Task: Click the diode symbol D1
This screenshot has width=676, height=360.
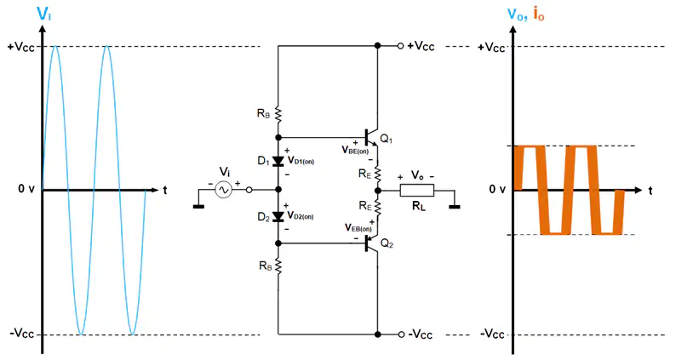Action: click(278, 162)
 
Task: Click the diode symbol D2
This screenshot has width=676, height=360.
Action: click(278, 217)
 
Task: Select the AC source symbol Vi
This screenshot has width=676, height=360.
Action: click(223, 190)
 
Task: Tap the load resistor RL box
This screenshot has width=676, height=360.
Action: click(417, 190)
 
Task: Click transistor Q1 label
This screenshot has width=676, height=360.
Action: click(387, 139)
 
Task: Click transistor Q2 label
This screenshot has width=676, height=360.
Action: click(387, 244)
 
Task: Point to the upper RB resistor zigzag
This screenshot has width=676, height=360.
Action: click(278, 115)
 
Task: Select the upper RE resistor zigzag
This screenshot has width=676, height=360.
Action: click(378, 174)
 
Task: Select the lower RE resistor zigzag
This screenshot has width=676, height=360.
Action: click(378, 207)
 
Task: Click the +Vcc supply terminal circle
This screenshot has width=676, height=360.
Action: click(400, 46)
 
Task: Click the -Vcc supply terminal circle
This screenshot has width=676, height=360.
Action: click(401, 334)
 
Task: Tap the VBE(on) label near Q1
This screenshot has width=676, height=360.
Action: click(355, 150)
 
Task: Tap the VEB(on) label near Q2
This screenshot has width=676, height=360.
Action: click(358, 227)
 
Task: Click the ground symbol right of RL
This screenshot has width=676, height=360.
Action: click(455, 207)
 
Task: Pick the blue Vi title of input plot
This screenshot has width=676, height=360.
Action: click(44, 14)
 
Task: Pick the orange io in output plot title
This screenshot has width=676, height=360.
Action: click(539, 14)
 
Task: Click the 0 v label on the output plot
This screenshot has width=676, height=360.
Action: click(497, 189)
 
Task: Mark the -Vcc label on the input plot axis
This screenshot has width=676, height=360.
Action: click(22, 334)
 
